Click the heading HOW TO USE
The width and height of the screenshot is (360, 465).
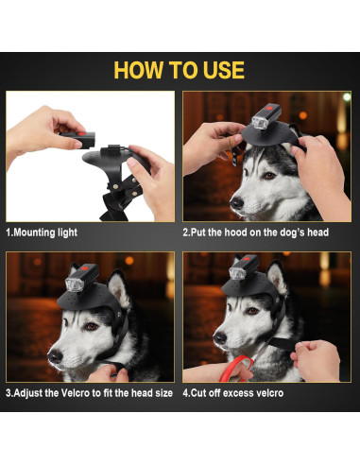coord(180,70)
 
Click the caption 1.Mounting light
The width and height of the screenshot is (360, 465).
coord(42,232)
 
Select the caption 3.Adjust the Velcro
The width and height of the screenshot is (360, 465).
coord(89,393)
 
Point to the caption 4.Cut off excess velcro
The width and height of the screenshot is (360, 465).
coord(248,393)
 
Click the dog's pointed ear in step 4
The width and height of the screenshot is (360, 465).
coord(277,278)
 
